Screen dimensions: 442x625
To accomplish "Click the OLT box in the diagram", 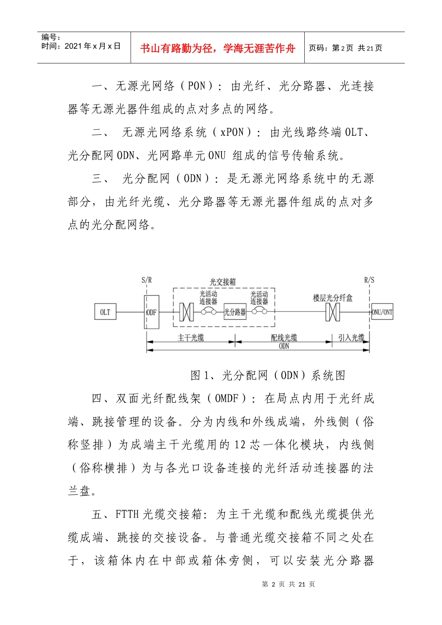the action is coord(105,312).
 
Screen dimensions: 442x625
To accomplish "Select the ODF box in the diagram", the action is coord(152,312).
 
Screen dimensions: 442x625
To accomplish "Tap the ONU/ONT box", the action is coord(382,312).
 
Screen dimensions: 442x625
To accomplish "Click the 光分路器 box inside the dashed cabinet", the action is coord(235,312).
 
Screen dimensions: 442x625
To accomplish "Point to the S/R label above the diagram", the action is coord(147,280).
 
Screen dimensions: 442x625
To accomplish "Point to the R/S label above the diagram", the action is coord(369,280).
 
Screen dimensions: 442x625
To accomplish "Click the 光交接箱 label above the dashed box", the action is coord(223,282).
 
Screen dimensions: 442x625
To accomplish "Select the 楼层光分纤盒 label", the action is coord(333,298).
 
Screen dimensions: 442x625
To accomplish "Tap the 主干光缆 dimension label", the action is coord(191,338).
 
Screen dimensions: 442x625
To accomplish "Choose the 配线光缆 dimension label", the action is coord(284,338).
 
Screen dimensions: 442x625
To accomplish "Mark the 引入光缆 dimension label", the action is coord(351,338).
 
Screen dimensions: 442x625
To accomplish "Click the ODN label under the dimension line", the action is coord(284,346).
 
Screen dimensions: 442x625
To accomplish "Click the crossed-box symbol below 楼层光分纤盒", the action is coord(333,312).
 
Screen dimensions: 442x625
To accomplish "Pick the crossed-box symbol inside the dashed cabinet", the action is coord(187,312).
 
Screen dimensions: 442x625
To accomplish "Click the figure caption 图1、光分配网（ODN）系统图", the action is coord(268,375).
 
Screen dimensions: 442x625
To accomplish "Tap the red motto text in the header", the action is coord(218,48).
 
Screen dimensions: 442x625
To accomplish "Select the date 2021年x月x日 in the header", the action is coord(93,46).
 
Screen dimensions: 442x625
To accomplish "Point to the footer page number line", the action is coord(288,584).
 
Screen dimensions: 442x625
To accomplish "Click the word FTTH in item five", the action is coord(127,514).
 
